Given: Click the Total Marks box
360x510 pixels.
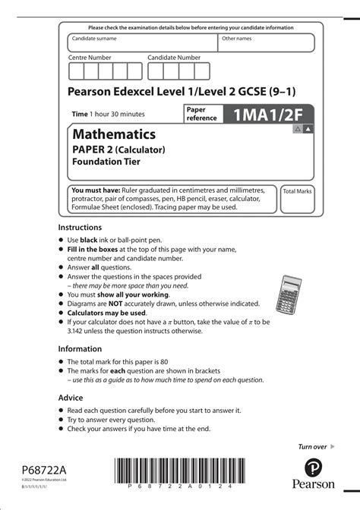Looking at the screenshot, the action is point(297,199).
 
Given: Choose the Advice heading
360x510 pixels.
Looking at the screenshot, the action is point(71,398).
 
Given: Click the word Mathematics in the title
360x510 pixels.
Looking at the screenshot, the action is point(114,134).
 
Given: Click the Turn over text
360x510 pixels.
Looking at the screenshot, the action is point(311,446).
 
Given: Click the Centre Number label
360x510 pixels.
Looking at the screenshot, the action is point(90,58).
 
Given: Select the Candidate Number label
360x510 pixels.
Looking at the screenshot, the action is point(174,58).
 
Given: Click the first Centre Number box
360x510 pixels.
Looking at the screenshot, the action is point(76,71).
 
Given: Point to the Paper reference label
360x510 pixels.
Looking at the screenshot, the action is point(201,114).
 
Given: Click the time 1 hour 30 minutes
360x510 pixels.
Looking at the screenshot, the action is point(108,114).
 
